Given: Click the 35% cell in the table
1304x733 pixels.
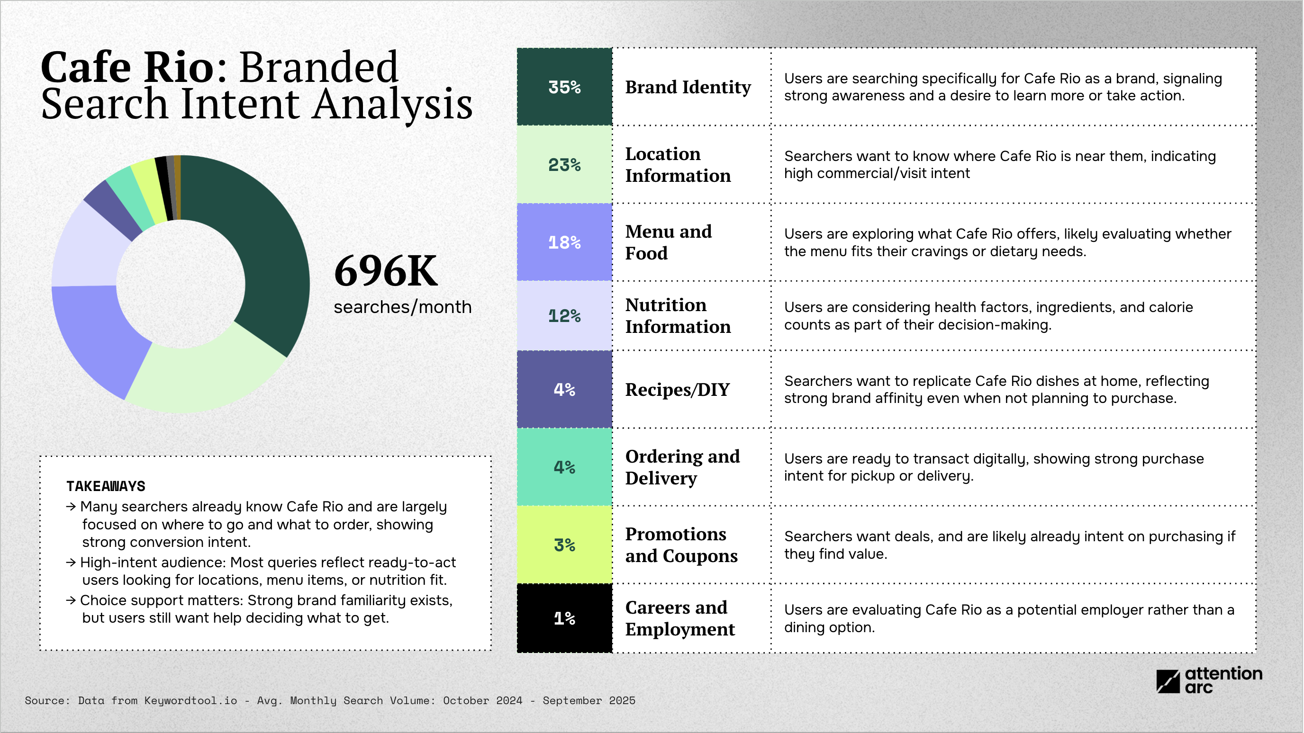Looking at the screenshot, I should [x=564, y=87].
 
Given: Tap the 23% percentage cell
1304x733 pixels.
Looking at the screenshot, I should [x=564, y=165].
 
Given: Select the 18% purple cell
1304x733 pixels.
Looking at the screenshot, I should [x=564, y=242].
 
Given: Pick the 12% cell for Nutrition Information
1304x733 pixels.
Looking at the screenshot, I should [x=564, y=316].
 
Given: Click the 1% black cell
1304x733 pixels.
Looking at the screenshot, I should [x=564, y=618].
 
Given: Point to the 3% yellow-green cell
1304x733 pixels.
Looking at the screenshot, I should [x=564, y=545].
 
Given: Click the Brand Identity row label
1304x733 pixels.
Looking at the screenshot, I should [x=688, y=87].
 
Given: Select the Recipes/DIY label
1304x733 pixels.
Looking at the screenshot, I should [x=677, y=390].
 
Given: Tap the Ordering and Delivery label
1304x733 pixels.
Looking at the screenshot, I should [x=682, y=467].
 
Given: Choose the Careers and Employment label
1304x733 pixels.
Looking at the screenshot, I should [x=679, y=618].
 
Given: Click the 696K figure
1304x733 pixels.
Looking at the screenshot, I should [x=386, y=272].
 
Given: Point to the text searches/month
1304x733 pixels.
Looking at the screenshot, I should [x=402, y=307].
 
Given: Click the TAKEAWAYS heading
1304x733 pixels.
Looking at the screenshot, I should [x=106, y=486].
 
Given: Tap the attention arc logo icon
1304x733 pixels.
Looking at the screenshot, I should [x=1168, y=681].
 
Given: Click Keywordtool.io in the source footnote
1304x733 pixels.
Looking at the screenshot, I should [x=190, y=701].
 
